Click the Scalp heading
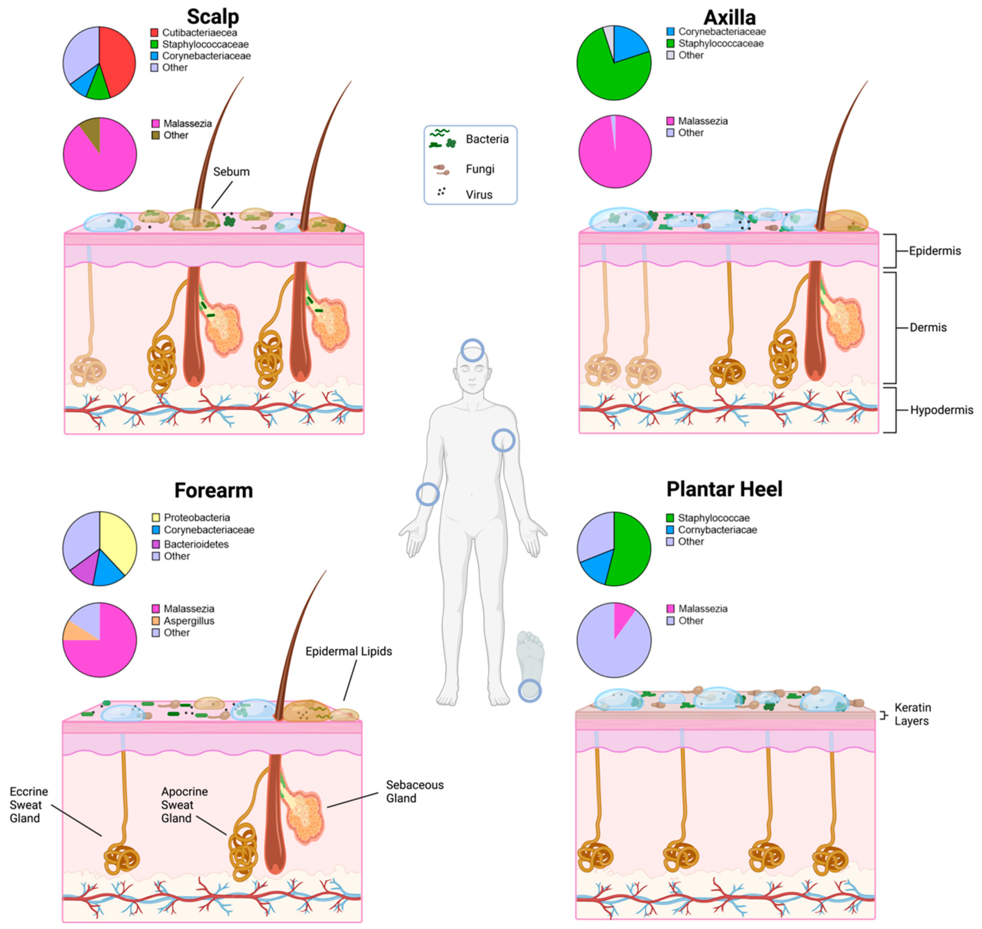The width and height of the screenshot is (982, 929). (x=212, y=17)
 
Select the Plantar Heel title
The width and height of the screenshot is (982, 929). (x=724, y=489)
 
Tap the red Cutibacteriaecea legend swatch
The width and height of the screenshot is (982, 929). (x=154, y=33)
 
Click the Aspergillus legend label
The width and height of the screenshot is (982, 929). (x=189, y=620)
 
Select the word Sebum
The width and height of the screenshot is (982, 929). (x=231, y=172)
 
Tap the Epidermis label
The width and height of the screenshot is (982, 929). (x=935, y=251)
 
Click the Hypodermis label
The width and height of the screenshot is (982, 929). (x=941, y=410)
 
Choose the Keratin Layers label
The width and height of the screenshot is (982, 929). (x=912, y=714)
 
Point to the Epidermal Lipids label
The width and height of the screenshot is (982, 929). (x=349, y=651)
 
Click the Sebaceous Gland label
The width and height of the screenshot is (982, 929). (x=414, y=791)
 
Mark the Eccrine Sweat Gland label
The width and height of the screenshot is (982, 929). (x=28, y=805)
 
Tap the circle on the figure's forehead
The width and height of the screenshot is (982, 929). (x=472, y=350)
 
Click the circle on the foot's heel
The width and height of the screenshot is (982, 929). (x=529, y=690)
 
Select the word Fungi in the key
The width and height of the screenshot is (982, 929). (x=480, y=169)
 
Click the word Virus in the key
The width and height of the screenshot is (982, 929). (x=479, y=195)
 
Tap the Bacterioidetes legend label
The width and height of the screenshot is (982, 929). (x=196, y=544)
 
